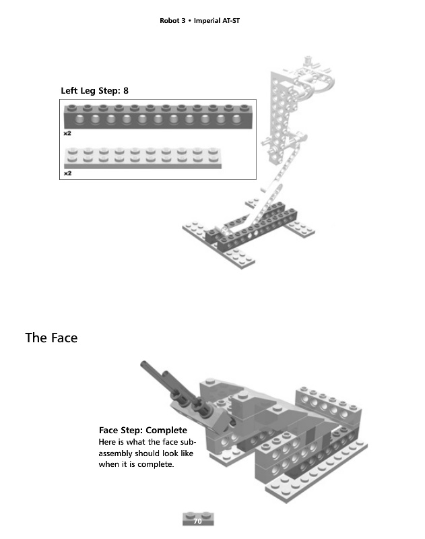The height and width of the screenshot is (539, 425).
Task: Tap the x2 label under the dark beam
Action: pyautogui.click(x=67, y=133)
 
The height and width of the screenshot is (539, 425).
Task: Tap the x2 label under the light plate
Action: pyautogui.click(x=67, y=173)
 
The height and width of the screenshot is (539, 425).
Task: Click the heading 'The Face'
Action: pyautogui.click(x=51, y=338)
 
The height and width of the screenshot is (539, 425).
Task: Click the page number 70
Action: pyautogui.click(x=198, y=521)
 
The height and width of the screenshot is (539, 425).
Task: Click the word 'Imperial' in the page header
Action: pyautogui.click(x=209, y=21)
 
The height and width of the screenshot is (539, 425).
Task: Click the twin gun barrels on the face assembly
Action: pyautogui.click(x=162, y=381)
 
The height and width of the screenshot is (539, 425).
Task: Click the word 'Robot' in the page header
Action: pyautogui.click(x=169, y=21)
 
